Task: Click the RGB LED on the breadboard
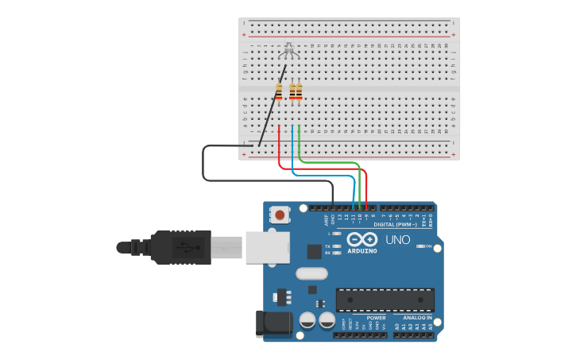point(289,51)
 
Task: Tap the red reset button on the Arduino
point(280,214)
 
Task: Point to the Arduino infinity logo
point(361,240)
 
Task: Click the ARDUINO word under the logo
point(361,252)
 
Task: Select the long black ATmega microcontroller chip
point(385,300)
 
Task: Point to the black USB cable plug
point(179,246)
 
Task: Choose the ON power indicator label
point(429,246)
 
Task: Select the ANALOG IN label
point(417,318)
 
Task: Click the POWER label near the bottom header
point(376,318)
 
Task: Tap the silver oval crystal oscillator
point(311,273)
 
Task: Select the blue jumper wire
point(322,174)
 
